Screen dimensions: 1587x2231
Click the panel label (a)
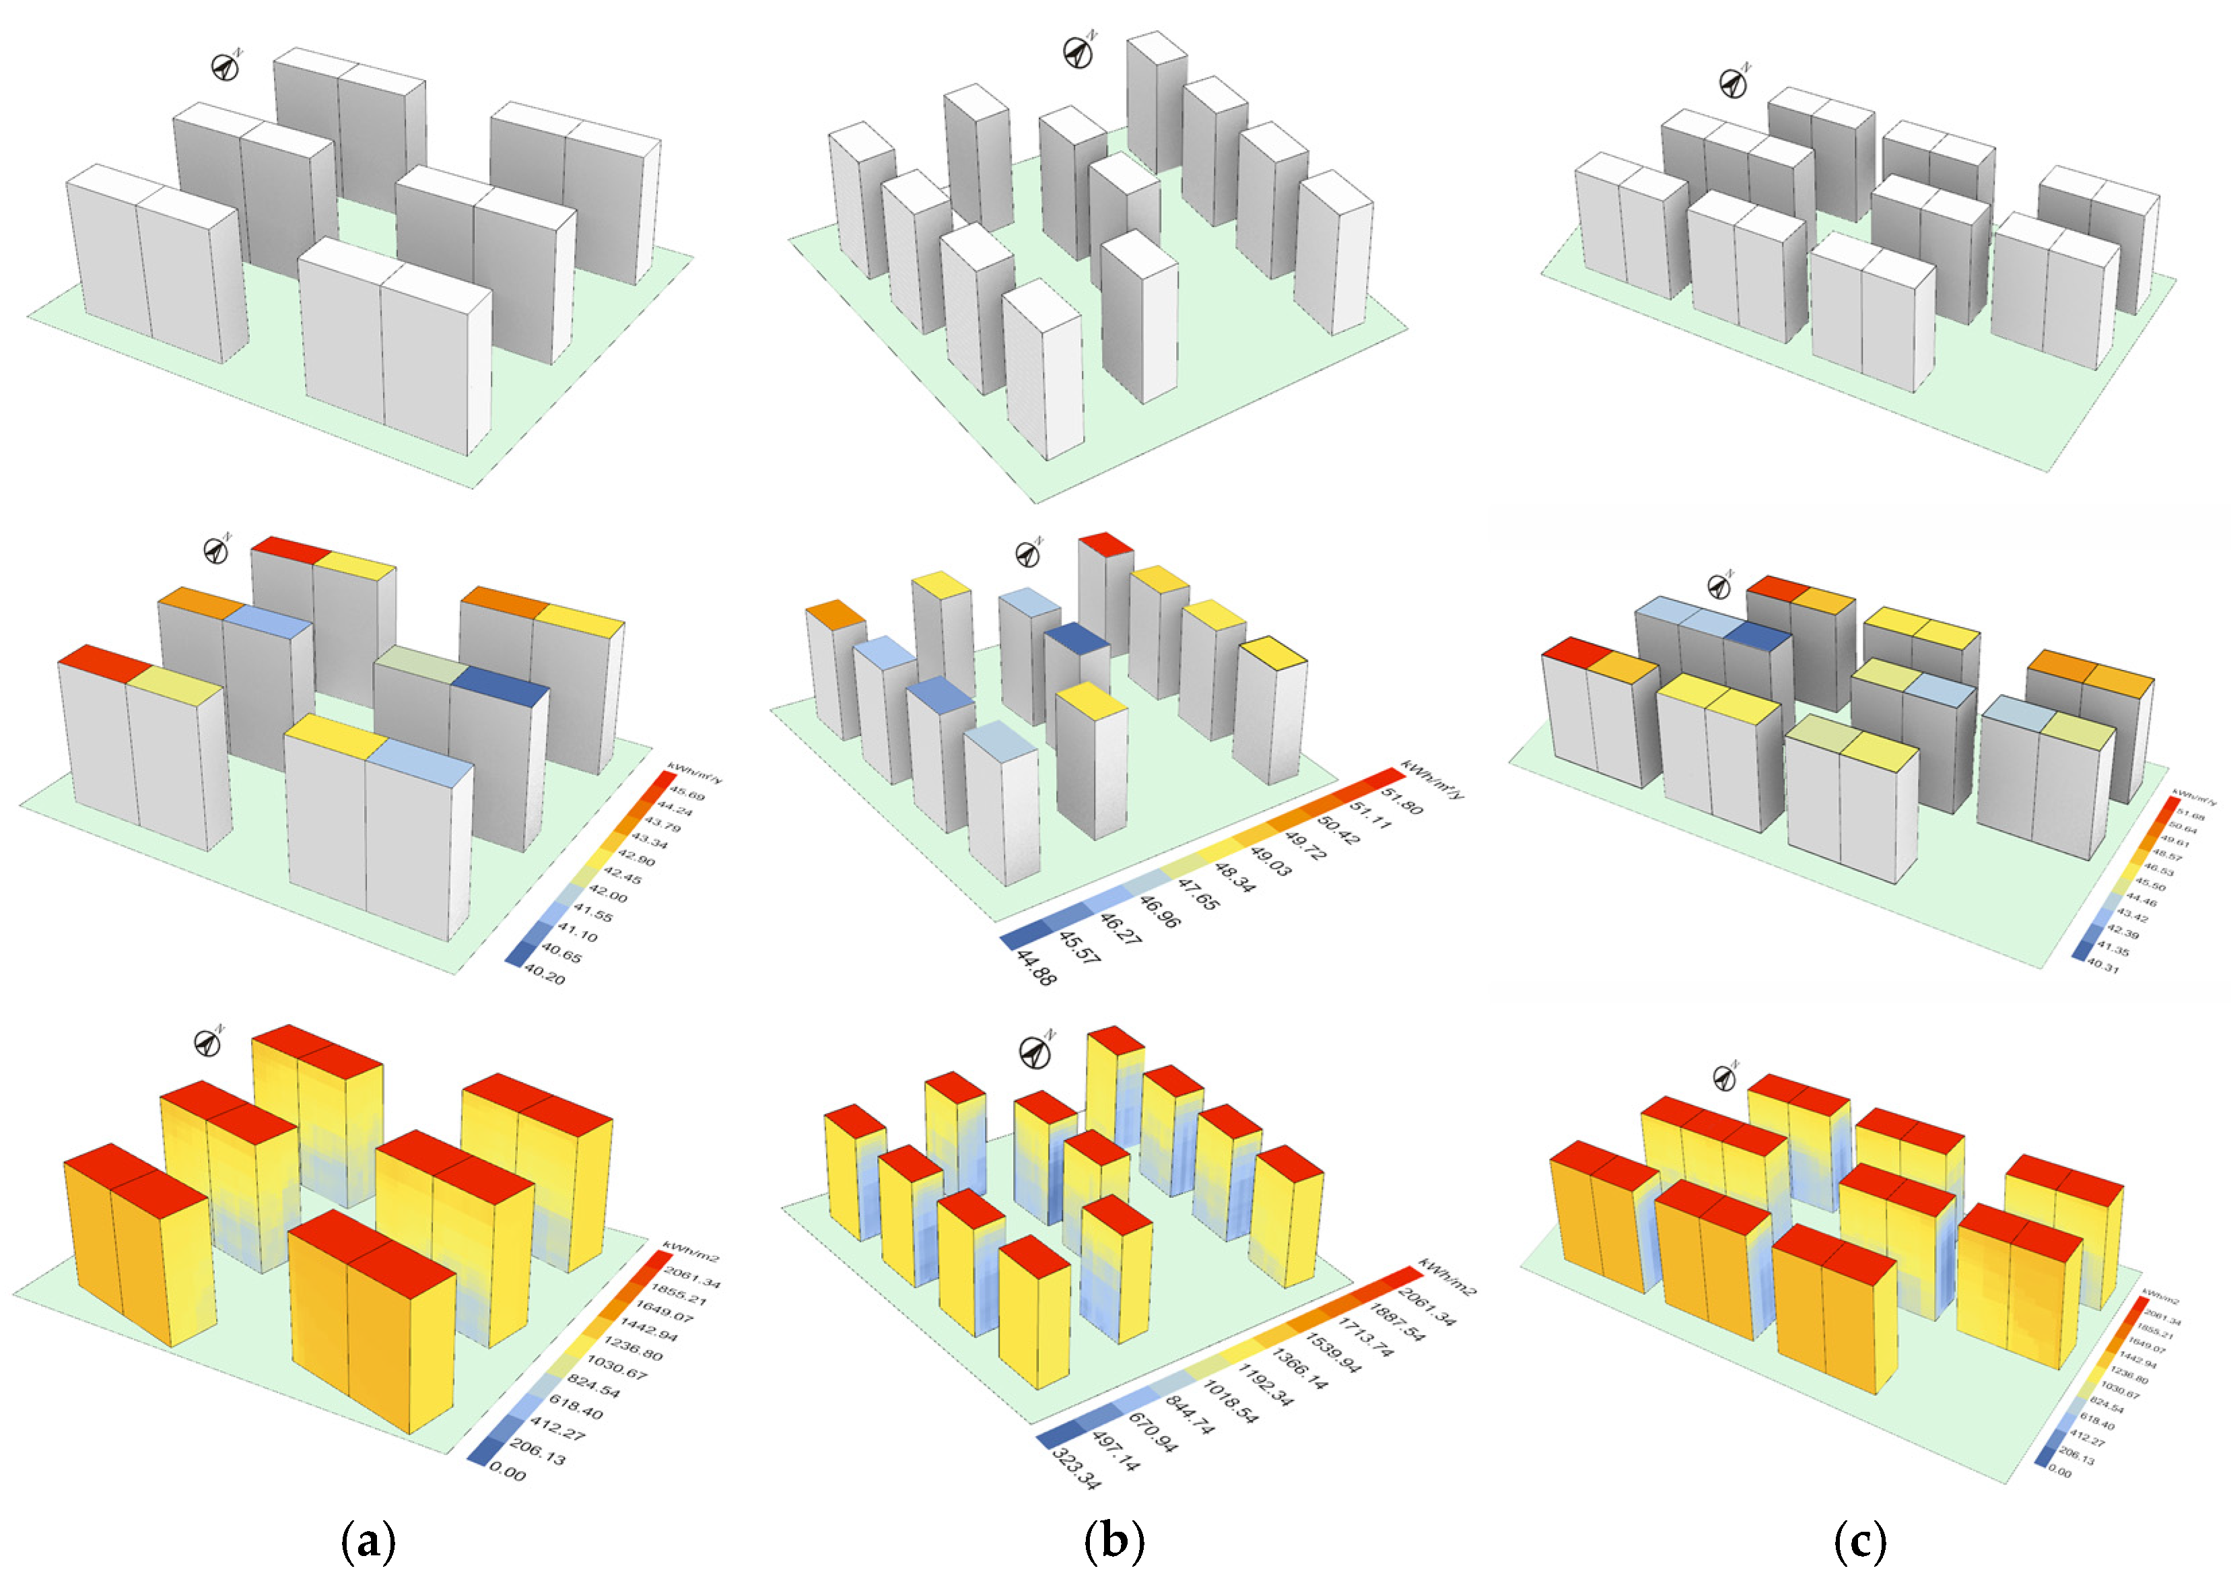(369, 1542)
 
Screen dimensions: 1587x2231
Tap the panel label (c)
(1860, 1542)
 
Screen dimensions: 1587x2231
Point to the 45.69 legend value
(687, 795)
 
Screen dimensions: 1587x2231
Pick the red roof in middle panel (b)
(1105, 543)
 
